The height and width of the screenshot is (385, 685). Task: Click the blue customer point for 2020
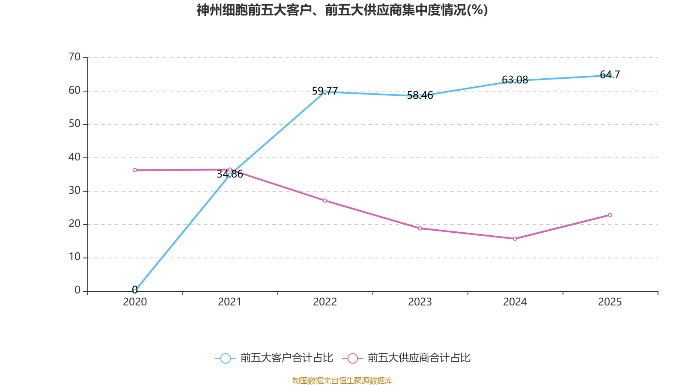coord(135,290)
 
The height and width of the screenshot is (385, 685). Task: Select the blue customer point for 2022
coord(325,92)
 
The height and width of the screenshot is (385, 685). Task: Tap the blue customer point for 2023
coord(420,96)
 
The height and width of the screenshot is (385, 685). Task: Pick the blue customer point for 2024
coord(515,80)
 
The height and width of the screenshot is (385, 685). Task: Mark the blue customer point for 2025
coord(610,75)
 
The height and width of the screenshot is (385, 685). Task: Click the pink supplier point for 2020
coord(135,170)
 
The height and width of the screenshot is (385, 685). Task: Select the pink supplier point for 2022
coord(325,201)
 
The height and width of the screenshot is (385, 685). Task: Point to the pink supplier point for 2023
coord(420,228)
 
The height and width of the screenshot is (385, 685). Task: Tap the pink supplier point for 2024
coord(515,239)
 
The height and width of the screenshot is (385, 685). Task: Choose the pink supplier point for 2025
coord(610,215)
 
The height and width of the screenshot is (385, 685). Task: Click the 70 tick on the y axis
coord(75,57)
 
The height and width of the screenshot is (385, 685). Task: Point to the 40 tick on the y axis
coord(75,157)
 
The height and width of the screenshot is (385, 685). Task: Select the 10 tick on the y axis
coord(75,257)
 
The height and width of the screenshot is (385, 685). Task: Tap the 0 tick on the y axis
coord(77,290)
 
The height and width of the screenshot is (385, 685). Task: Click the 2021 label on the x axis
coord(230,302)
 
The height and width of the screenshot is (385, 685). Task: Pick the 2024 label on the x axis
coord(515,302)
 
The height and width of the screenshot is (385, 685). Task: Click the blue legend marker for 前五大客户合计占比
coord(225,358)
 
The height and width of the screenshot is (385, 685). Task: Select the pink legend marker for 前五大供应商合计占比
coord(352,358)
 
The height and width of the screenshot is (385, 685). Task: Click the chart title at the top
coord(342,10)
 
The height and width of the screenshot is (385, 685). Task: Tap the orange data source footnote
coord(342,380)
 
